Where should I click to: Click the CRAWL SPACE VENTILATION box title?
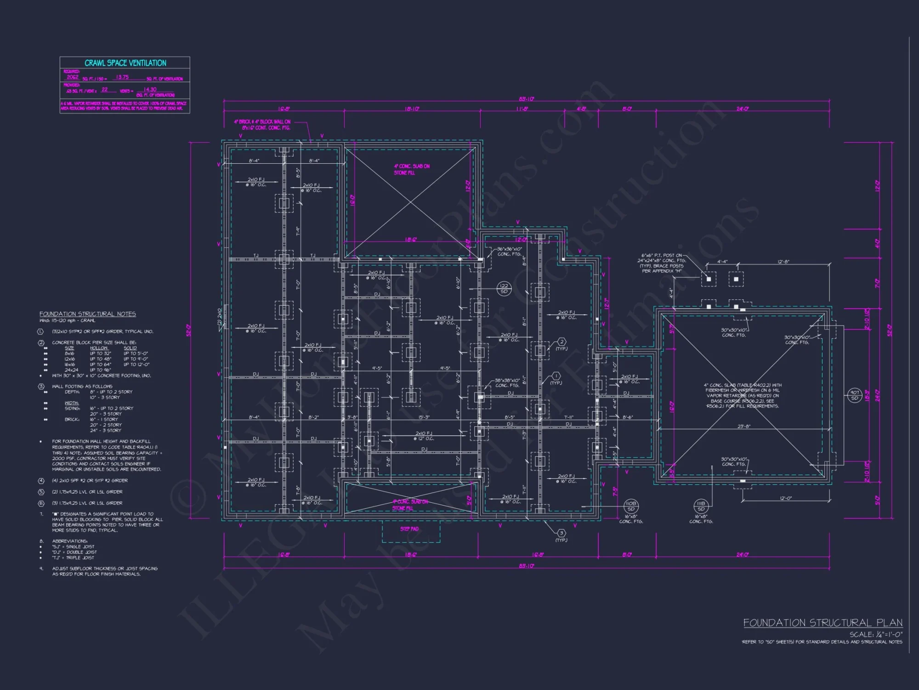tap(125, 63)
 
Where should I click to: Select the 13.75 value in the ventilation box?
tap(122, 77)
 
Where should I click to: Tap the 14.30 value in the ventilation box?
tap(150, 90)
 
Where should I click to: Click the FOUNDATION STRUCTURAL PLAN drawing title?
tap(823, 623)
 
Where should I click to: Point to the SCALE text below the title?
tap(875, 634)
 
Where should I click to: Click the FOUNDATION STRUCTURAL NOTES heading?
tap(87, 314)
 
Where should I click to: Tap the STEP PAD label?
tap(409, 529)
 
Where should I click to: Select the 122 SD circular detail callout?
tap(504, 288)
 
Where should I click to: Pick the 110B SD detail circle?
tap(631, 506)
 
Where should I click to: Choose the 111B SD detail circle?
tap(701, 506)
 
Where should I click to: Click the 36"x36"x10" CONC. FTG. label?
tap(509, 251)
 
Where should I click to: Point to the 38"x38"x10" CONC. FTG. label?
tap(507, 383)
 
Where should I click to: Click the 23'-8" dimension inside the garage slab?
tap(744, 426)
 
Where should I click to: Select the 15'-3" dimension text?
tap(424, 417)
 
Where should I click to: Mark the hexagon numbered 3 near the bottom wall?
tap(561, 533)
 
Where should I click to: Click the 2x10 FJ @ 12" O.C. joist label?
tap(424, 436)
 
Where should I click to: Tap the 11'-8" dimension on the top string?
tap(522, 109)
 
